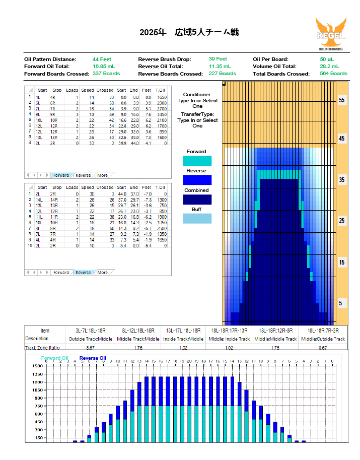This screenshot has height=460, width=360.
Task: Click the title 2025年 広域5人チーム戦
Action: [189, 32]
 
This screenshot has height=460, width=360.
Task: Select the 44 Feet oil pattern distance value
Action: [102, 59]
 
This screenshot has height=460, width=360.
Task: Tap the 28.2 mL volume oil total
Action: [329, 66]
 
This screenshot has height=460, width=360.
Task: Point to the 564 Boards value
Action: [333, 74]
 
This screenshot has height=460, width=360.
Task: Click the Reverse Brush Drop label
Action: [165, 59]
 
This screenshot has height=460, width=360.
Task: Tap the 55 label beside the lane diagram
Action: [342, 100]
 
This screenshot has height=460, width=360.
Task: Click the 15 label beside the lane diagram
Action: [342, 262]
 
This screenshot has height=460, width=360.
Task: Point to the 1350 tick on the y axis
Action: [38, 374]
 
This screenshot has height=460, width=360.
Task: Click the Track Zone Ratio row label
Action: [43, 348]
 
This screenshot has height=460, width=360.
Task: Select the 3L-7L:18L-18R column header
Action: [91, 331]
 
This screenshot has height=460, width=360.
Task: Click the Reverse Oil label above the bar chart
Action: [93, 358]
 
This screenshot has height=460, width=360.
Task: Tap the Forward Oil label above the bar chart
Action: [54, 358]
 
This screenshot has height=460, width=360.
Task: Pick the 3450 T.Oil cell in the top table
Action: [161, 115]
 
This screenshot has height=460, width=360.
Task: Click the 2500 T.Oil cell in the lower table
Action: [161, 228]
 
